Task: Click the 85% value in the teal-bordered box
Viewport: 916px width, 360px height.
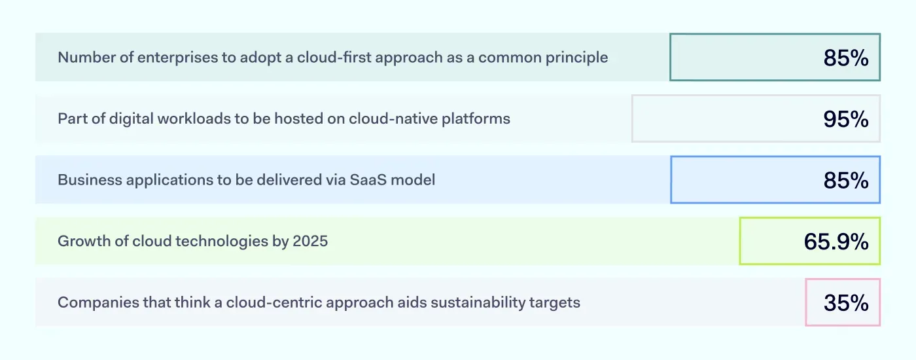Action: coord(845,58)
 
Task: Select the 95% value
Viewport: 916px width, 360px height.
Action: coord(845,119)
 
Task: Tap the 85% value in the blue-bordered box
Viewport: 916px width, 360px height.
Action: coord(845,181)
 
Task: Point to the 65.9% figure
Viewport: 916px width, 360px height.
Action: coord(836,242)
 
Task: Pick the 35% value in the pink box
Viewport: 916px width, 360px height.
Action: coord(845,303)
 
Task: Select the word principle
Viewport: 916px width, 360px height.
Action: coord(575,58)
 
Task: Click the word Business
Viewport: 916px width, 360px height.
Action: coord(84,180)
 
